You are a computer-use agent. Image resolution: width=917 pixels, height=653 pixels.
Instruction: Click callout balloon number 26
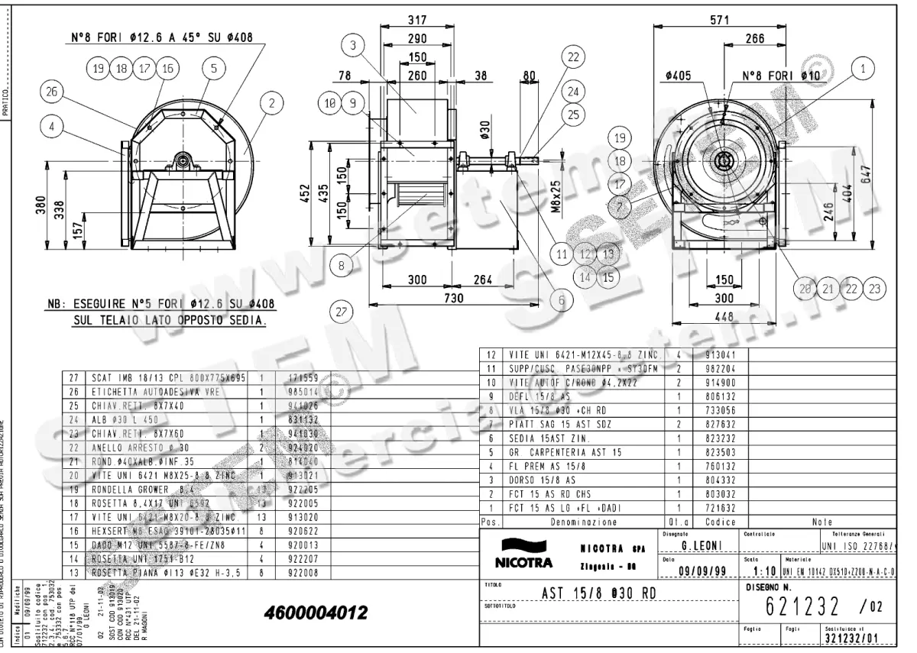coord(51,92)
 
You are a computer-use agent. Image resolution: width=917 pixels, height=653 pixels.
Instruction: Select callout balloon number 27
coord(341,312)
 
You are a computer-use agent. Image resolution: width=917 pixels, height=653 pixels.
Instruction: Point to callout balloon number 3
coord(352,46)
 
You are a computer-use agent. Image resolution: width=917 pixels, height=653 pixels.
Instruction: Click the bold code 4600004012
coord(316,613)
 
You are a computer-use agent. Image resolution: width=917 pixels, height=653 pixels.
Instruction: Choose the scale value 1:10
coord(765,572)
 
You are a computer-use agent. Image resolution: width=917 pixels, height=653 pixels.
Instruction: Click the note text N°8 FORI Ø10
coord(781,76)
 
